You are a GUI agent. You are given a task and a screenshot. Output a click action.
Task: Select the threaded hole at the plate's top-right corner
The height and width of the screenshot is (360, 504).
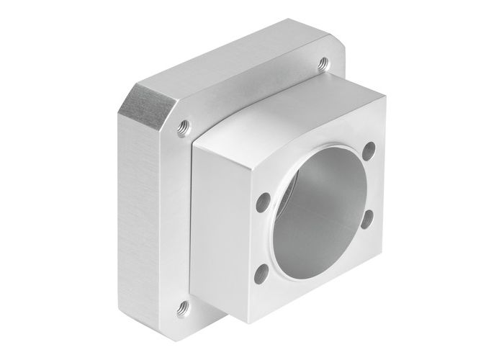[323, 63]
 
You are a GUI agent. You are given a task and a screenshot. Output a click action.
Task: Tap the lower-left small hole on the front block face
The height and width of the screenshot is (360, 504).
[262, 271]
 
